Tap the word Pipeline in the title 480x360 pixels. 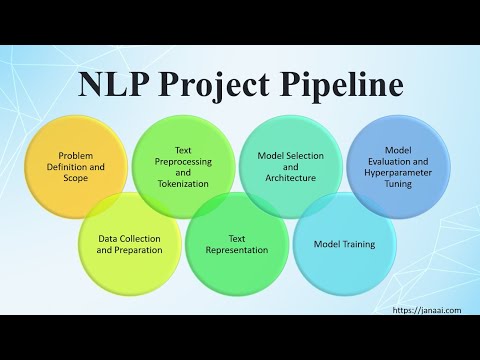(339, 86)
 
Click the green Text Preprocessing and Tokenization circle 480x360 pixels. (183, 166)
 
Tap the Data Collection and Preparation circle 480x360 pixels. (129, 245)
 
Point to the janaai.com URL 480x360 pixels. (427, 310)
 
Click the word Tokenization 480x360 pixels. (184, 184)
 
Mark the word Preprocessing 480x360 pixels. (184, 160)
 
